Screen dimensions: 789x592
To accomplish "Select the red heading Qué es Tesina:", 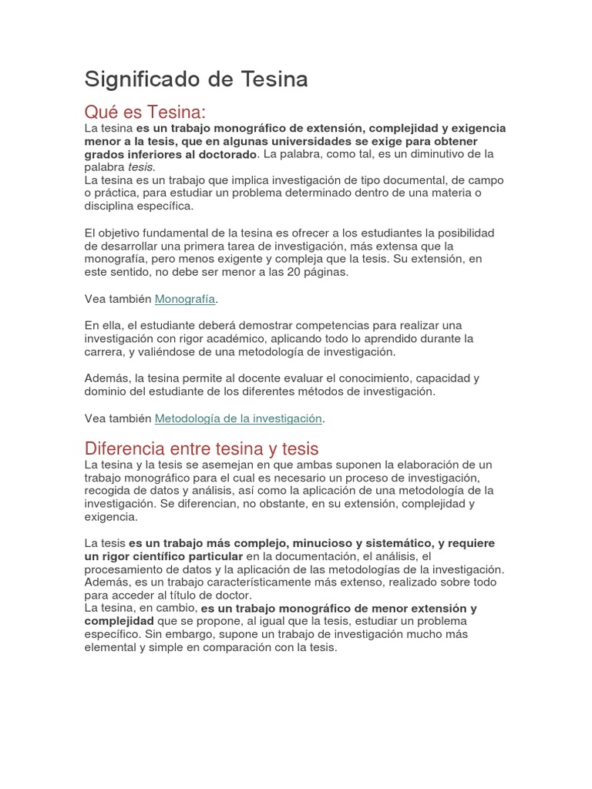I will pos(146,112).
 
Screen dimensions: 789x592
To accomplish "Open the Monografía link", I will pos(185,298).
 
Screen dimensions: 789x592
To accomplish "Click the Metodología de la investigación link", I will pos(238,418).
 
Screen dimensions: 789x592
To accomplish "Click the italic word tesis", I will pos(141,167).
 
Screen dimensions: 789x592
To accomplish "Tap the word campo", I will pos(486,180).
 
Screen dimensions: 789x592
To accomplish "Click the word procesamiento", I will pos(128,569).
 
